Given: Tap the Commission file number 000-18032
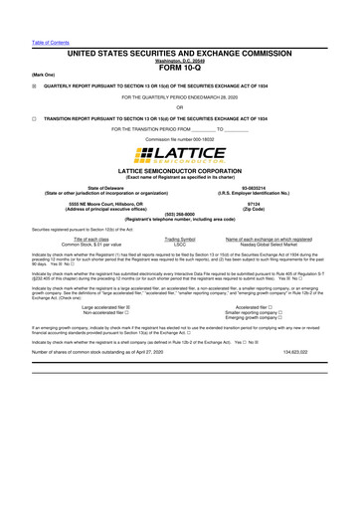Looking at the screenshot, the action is (x=179, y=138).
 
